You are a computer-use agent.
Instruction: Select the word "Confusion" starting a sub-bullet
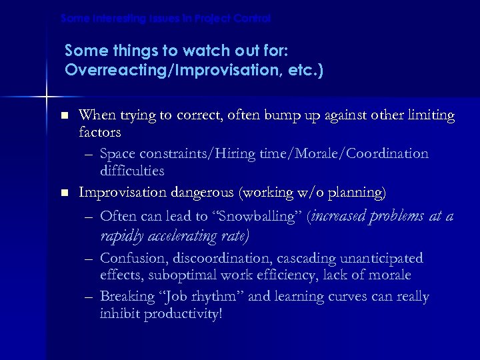(131, 258)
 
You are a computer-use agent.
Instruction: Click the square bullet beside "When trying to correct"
(64, 116)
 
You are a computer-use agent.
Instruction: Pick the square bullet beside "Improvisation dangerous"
(64, 193)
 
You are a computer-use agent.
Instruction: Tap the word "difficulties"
(131, 171)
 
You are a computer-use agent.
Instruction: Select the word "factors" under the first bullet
(99, 133)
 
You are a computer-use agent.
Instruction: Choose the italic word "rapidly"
(120, 236)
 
